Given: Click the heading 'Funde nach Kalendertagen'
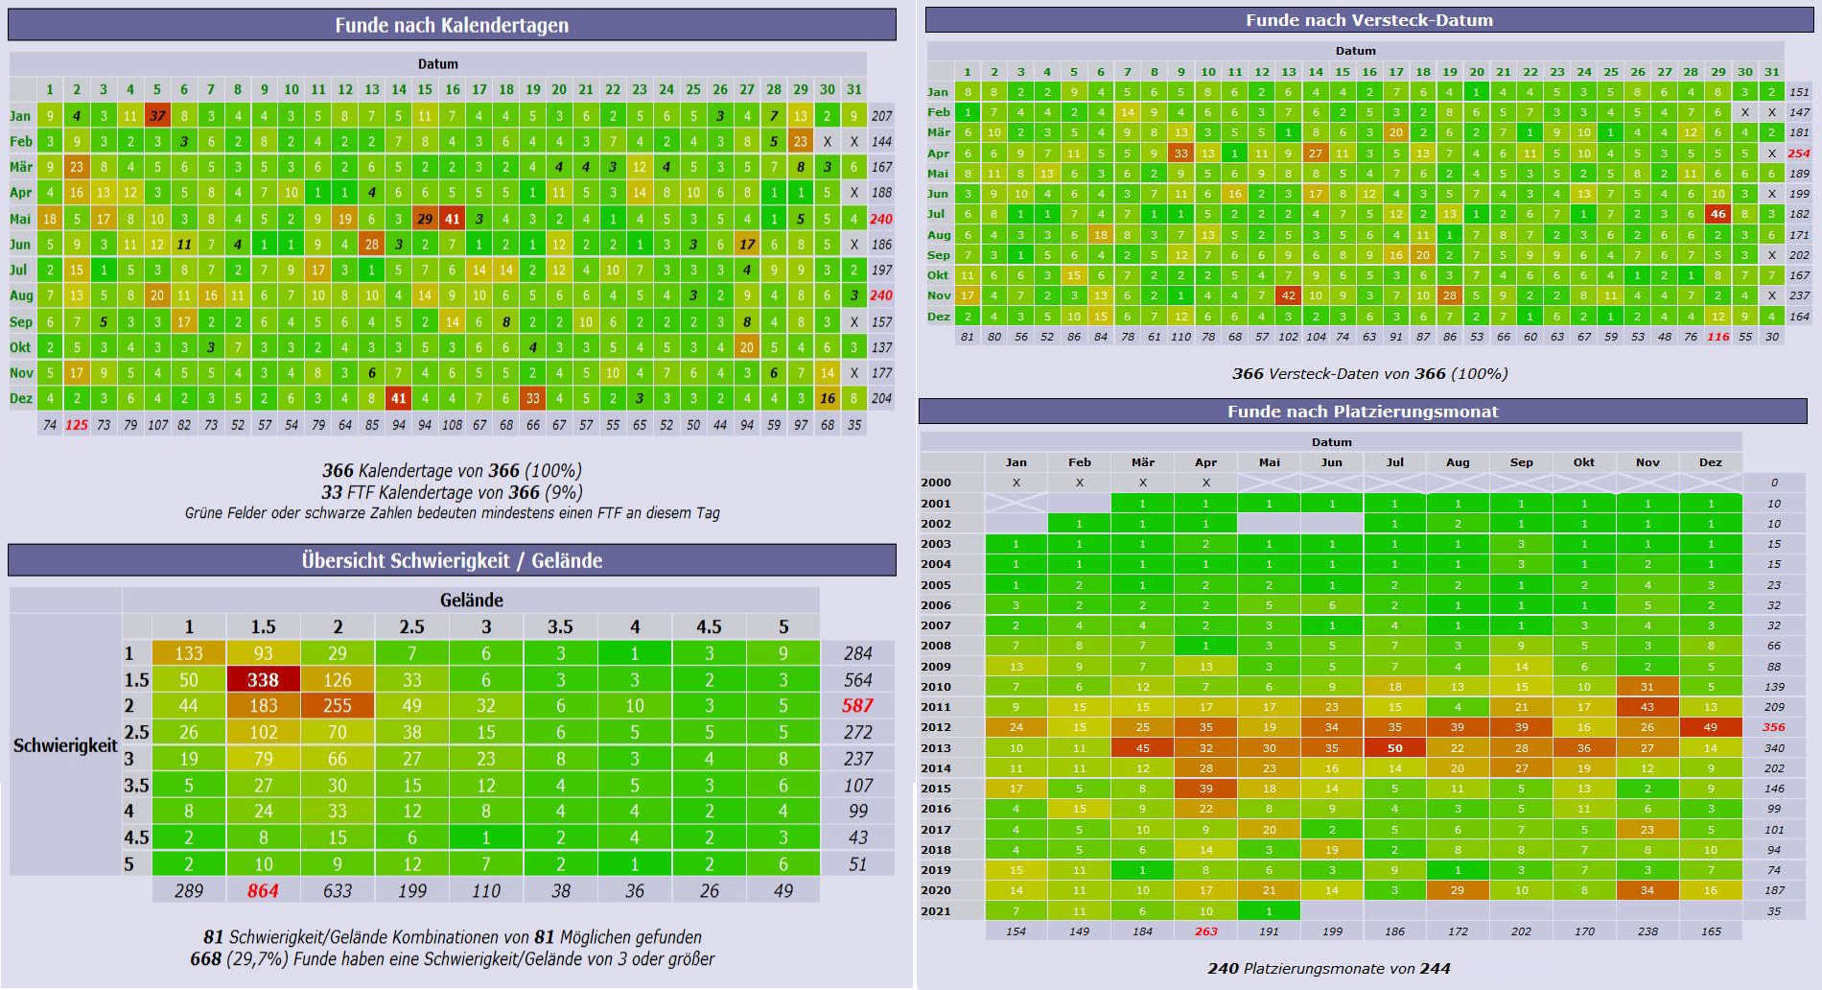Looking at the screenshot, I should [452, 25].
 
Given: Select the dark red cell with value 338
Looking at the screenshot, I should [263, 679].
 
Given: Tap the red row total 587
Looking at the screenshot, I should [857, 705].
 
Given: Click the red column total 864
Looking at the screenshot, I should [263, 890].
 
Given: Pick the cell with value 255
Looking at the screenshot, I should [337, 705].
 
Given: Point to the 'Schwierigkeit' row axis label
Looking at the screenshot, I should [65, 744].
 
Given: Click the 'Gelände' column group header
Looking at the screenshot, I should [471, 600].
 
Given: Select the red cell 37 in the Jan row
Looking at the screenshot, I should [157, 115].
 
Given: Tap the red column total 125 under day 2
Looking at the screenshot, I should [77, 424].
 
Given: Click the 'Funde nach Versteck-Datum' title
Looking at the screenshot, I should [1368, 20].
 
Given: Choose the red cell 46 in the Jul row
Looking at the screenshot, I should [1717, 214].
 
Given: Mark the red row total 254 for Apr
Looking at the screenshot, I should [1799, 153].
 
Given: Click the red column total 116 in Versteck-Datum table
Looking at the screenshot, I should [1717, 337].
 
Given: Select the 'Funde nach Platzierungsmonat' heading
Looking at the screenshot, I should [1363, 412].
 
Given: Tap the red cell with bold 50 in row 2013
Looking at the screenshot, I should [1394, 747].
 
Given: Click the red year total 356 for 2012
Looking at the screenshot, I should [1774, 727].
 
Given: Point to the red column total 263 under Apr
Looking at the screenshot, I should [1205, 931].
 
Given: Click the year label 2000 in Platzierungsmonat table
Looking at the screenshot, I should [936, 483].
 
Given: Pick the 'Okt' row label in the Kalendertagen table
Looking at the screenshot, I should [20, 346].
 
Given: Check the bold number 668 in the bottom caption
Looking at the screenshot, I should [205, 958].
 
